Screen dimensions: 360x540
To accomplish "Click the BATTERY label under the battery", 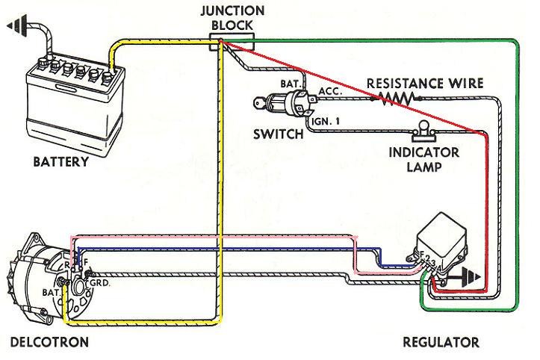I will tap(60, 161).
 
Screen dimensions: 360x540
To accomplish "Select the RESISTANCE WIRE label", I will tap(424, 82).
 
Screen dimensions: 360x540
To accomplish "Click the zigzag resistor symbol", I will tap(394, 97).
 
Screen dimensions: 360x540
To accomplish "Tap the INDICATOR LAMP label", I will tap(424, 159).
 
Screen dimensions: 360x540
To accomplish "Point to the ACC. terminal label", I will tap(329, 90).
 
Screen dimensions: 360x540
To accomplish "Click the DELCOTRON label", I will tap(49, 343).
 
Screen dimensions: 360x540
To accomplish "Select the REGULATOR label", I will tap(441, 343).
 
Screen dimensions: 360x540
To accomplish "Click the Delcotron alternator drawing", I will tap(41, 280).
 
